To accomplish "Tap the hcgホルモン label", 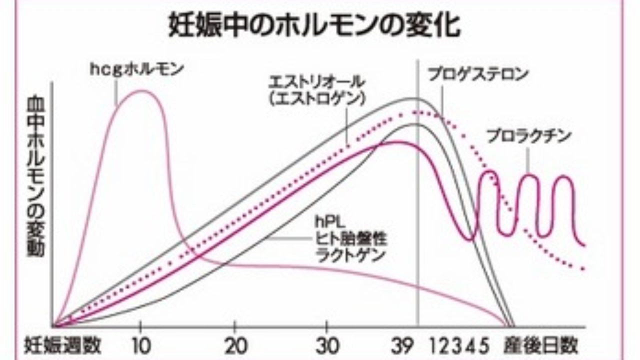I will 137,69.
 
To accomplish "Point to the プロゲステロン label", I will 478,75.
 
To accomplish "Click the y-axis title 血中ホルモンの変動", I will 36,175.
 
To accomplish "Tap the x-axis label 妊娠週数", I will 63,344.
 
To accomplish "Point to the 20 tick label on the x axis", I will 234,344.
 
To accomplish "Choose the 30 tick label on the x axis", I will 326,344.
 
